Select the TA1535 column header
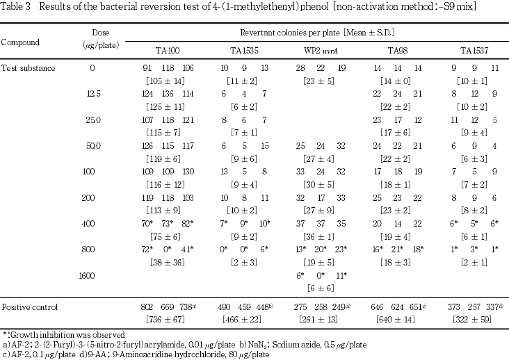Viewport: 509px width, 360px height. pyautogui.click(x=245, y=51)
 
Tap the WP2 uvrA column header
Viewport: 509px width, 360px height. pyautogui.click(x=321, y=51)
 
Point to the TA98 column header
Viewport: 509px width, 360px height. pyautogui.click(x=398, y=51)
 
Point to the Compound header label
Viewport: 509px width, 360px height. pyautogui.click(x=20, y=42)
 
